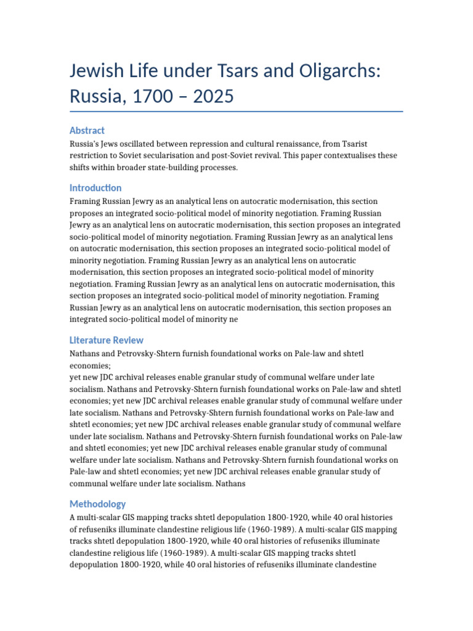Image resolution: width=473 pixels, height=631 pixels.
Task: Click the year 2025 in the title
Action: [212, 97]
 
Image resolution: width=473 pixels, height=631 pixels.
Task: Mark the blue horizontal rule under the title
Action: [236, 112]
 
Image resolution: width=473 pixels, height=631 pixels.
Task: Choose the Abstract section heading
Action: [87, 130]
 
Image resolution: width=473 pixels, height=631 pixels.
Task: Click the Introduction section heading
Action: [95, 188]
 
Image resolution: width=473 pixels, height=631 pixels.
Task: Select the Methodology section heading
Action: [97, 503]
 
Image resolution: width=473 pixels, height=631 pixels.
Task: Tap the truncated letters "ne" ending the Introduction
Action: [232, 319]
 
